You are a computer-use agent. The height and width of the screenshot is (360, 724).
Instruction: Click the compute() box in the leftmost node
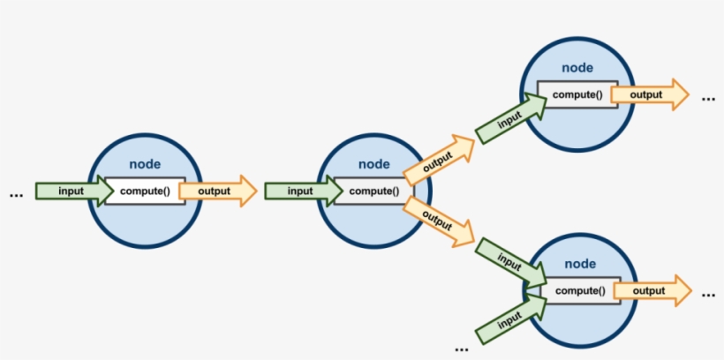point(145,191)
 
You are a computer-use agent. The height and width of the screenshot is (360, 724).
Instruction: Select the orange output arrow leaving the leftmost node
point(215,191)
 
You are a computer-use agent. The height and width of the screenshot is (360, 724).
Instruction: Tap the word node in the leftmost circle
point(145,164)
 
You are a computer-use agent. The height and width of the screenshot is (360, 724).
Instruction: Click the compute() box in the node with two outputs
point(374,191)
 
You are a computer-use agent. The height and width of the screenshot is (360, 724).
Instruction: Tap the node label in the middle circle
point(374,164)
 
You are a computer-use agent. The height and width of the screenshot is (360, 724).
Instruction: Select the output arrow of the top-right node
point(646,94)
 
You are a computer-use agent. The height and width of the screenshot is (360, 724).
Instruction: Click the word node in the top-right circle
point(577,68)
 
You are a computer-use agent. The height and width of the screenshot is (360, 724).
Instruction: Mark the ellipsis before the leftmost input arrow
point(15,193)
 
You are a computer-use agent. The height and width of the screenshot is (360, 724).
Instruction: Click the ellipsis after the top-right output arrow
point(708,98)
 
